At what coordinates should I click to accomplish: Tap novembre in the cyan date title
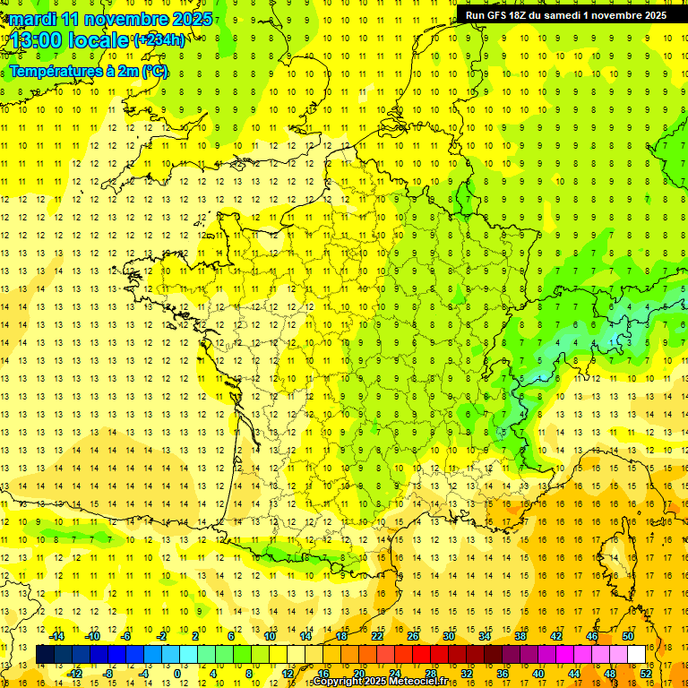(x=129, y=19)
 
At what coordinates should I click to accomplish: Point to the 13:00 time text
(x=35, y=40)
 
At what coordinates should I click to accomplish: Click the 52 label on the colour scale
(x=646, y=674)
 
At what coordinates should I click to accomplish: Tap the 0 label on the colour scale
(x=177, y=674)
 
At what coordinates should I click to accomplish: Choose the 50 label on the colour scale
(x=627, y=636)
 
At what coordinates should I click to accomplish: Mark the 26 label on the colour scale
(x=412, y=636)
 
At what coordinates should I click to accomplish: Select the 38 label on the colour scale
(x=520, y=636)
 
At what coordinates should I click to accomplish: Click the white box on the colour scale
(x=636, y=655)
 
